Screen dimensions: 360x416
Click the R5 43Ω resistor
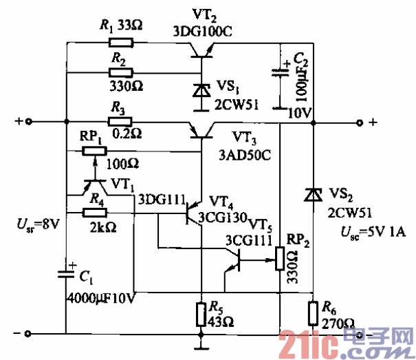point(200,313)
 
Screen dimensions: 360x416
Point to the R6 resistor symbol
point(313,313)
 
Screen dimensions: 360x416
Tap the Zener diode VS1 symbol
point(200,89)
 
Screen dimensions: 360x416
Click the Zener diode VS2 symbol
point(313,195)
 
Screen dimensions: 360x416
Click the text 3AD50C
point(248,156)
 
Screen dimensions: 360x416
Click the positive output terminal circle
point(358,123)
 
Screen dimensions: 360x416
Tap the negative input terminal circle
point(28,335)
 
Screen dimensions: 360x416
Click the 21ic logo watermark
point(344,340)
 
